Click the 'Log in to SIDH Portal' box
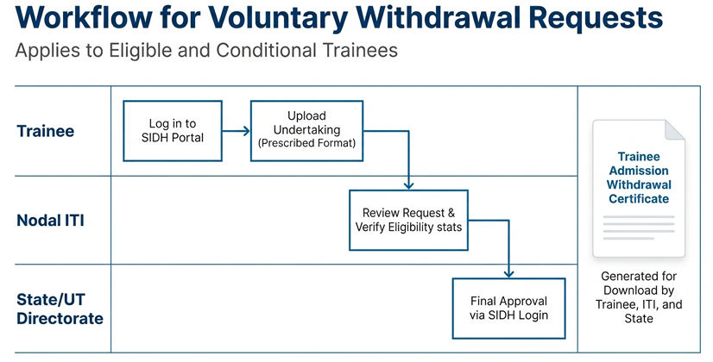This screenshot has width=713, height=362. point(173,131)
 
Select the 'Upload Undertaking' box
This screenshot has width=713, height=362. point(307,130)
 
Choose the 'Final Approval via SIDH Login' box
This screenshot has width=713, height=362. point(508,308)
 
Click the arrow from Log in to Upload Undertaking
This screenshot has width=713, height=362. point(237,131)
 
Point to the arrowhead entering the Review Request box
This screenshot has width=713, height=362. point(408,184)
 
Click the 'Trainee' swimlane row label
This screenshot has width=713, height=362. point(45,131)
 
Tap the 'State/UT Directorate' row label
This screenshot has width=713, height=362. point(60,309)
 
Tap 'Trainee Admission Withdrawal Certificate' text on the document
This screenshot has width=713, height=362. point(638,178)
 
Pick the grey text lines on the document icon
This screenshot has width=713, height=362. point(638,228)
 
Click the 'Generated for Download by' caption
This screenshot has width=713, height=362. point(638,284)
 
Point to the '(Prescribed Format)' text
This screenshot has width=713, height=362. point(307,144)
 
